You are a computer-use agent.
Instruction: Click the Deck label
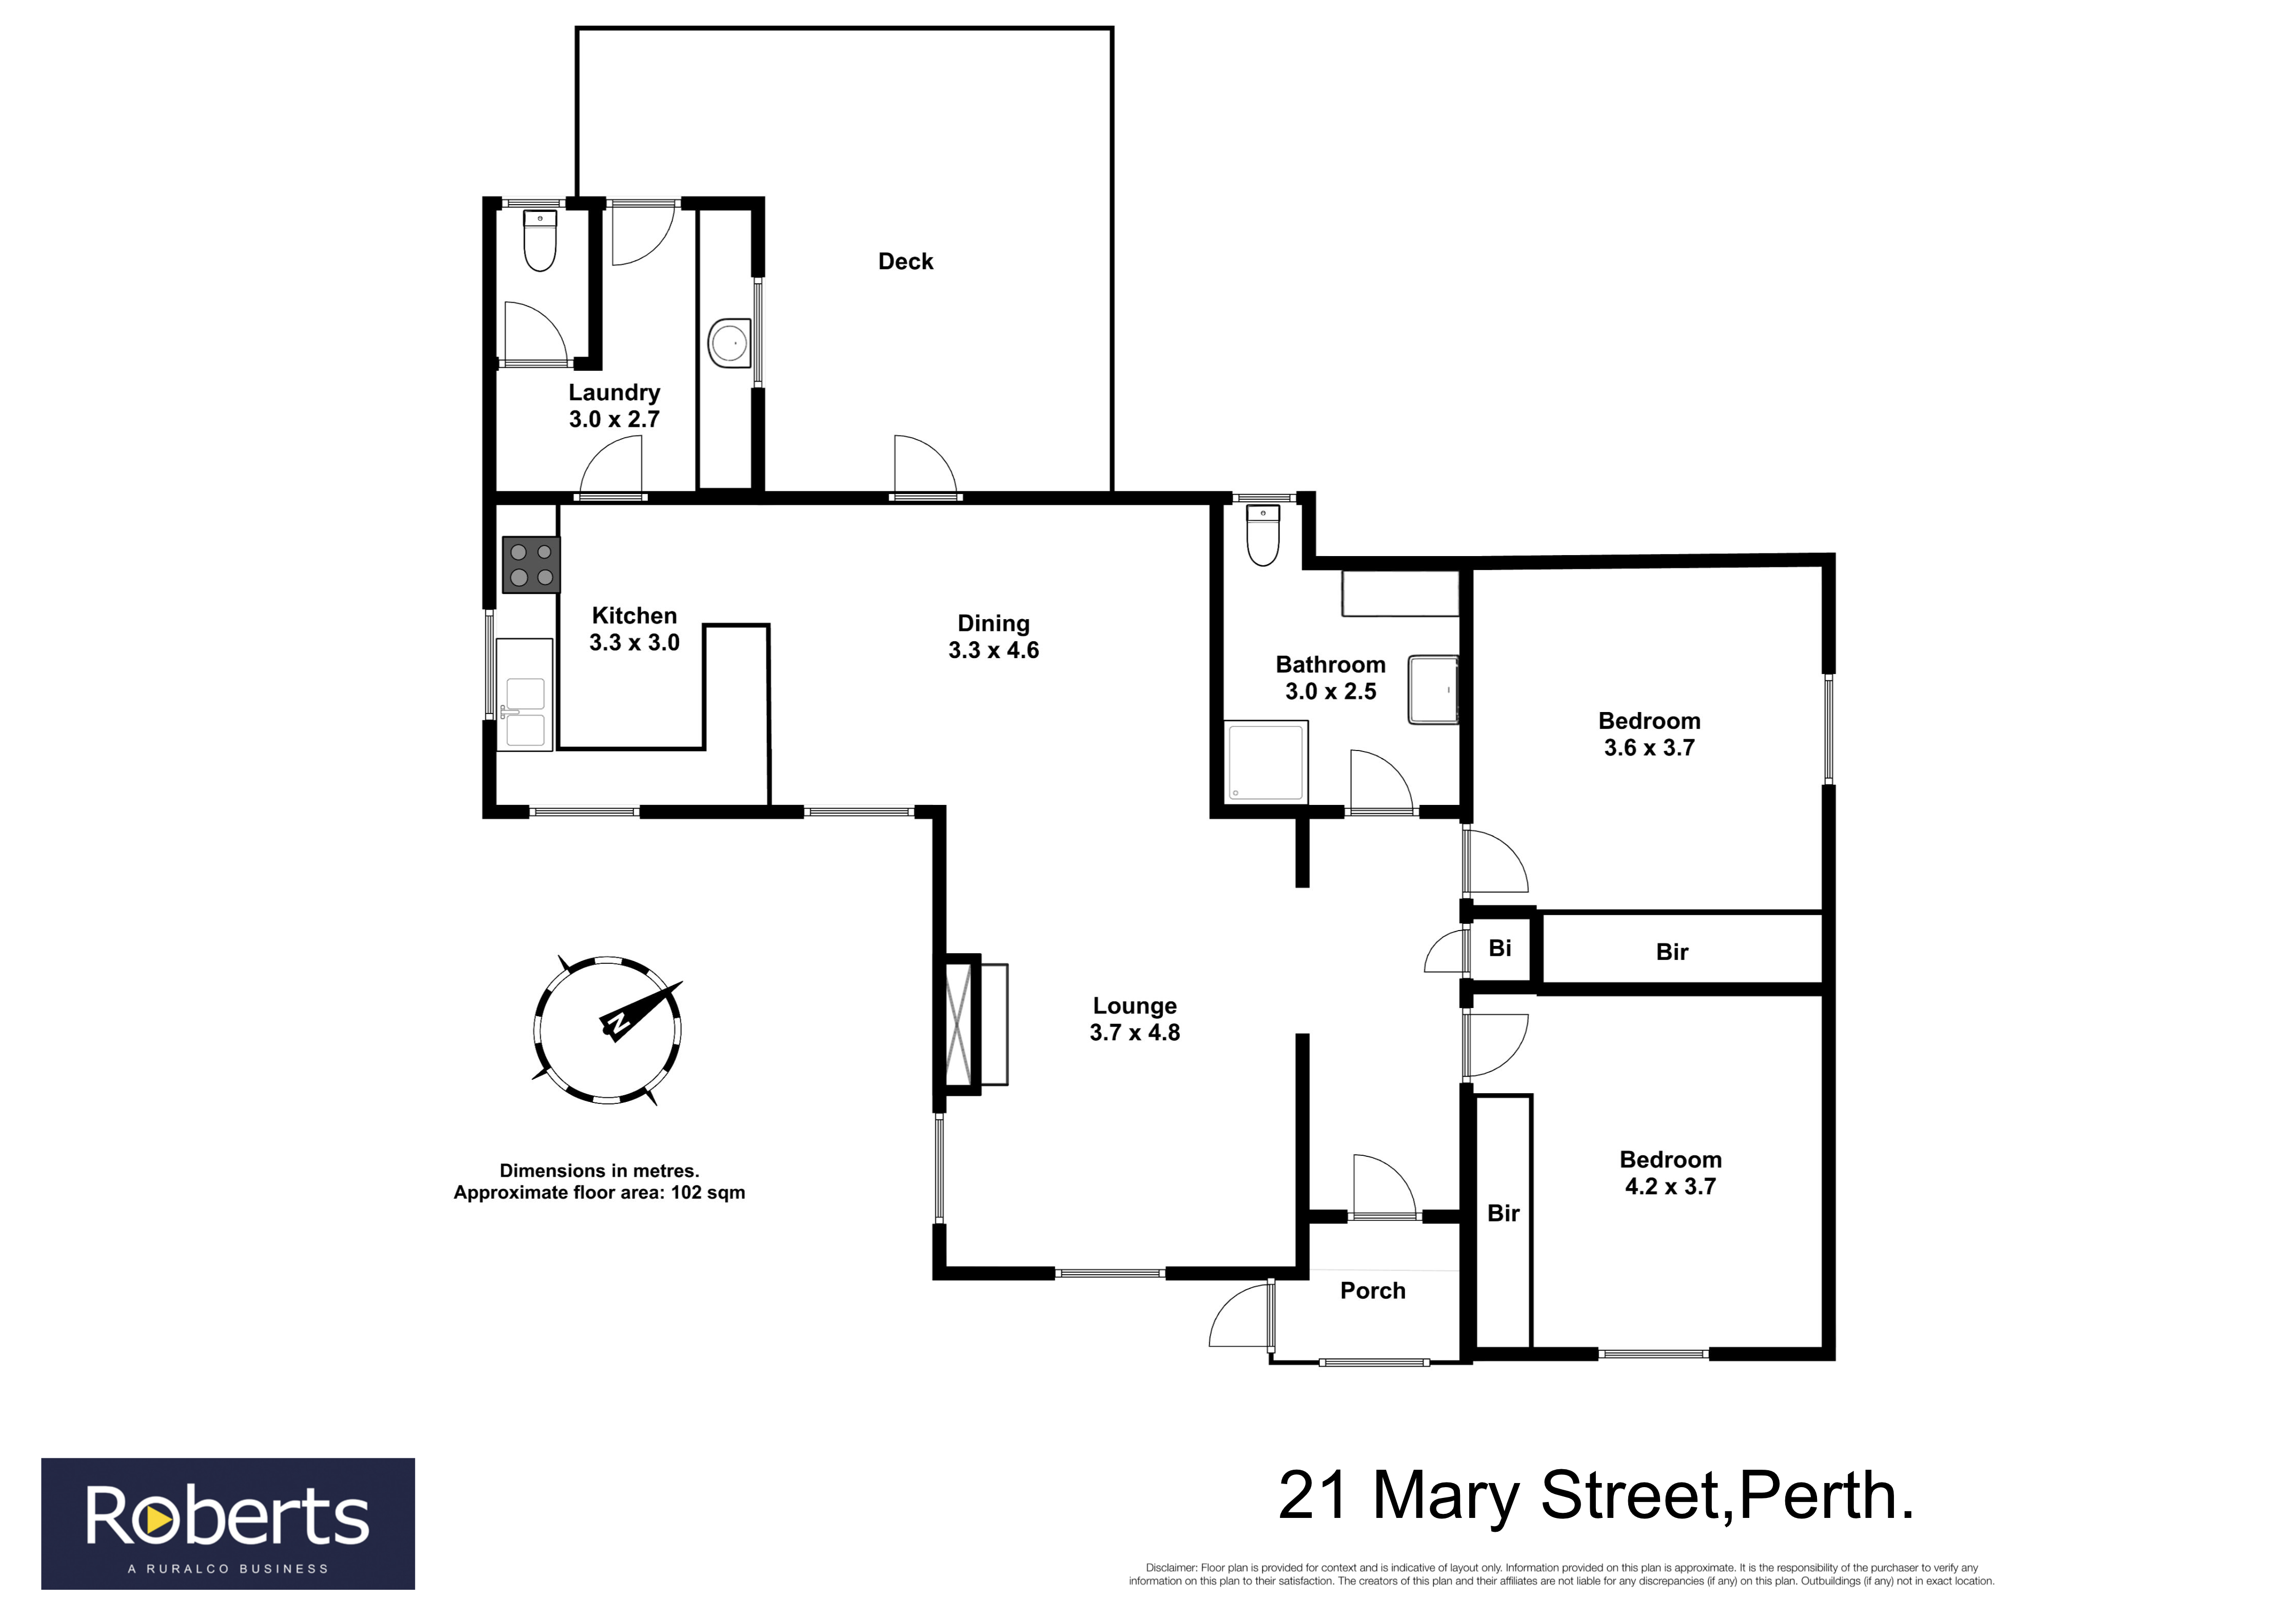905,261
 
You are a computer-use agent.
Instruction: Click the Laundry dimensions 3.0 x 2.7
615,419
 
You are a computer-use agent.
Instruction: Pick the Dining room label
993,623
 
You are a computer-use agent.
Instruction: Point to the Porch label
1372,1291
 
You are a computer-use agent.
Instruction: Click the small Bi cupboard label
1500,947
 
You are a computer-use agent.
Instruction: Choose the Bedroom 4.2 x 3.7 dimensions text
1671,1186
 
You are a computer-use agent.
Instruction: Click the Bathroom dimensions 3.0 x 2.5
1331,692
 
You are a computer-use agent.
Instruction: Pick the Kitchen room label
635,616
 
